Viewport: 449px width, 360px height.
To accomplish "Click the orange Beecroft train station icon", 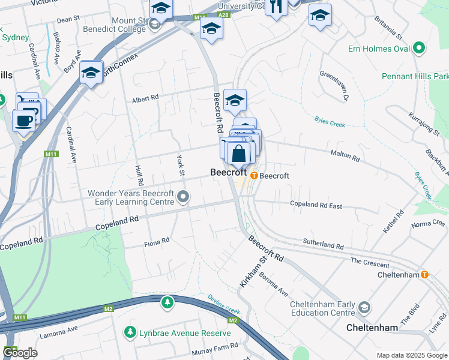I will point(254,176).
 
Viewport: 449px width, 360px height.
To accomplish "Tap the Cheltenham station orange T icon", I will point(425,275).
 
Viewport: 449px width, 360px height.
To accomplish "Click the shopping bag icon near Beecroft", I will point(239,154).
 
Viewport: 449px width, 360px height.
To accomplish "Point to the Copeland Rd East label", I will point(316,206).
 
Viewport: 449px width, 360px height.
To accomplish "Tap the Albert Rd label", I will point(145,97).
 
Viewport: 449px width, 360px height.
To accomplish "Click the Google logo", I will point(20,353).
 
